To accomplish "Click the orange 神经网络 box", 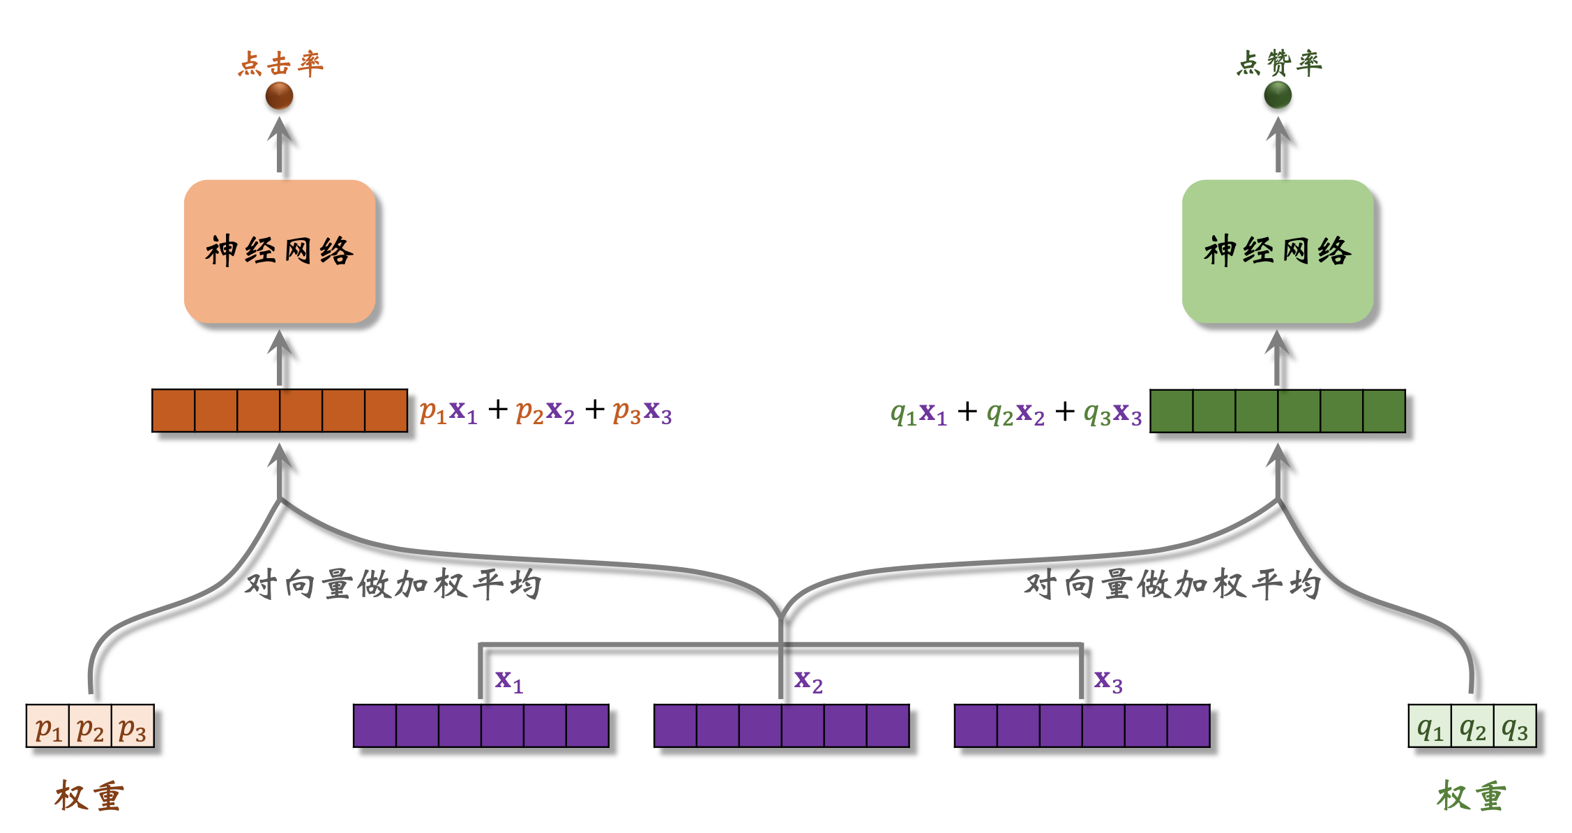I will click(280, 251).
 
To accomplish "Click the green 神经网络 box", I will click(1278, 251).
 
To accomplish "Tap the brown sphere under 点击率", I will click(279, 96).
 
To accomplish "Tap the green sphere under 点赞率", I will click(1278, 95).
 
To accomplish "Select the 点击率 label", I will click(280, 64).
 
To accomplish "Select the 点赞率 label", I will click(1279, 63).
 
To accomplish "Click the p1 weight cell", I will click(48, 727).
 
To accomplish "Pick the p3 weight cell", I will click(133, 727).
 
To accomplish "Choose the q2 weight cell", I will click(1472, 727).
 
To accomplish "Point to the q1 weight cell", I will click(1430, 727).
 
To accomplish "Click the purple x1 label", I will click(508, 680).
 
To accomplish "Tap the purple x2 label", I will click(808, 680).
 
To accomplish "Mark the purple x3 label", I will click(1108, 680).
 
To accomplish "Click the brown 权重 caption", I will click(89, 796).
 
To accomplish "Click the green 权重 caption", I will click(1472, 796).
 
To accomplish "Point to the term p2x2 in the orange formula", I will click(545, 412).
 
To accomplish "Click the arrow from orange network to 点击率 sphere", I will click(280, 144).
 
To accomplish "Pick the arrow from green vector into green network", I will click(1277, 357).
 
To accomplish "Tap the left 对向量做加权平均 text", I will click(393, 584).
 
